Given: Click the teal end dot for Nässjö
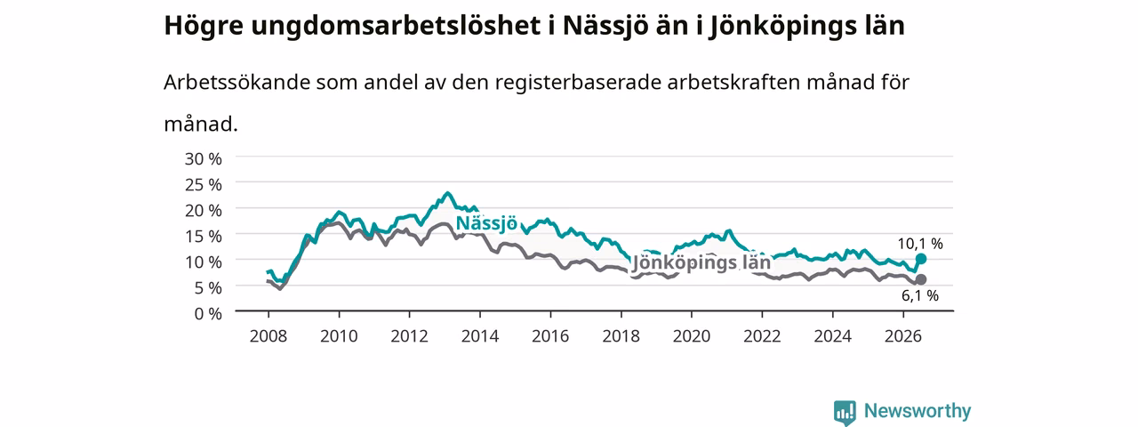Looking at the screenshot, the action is (x=920, y=259).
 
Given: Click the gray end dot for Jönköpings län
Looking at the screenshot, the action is (x=920, y=279).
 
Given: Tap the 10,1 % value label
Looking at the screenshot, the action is (x=920, y=244).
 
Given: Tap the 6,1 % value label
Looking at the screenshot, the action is (x=920, y=295).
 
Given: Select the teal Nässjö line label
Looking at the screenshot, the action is (x=486, y=223).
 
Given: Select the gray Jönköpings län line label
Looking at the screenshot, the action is (x=701, y=262).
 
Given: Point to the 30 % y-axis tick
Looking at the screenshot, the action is (x=204, y=159).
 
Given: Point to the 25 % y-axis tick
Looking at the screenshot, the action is (x=204, y=185).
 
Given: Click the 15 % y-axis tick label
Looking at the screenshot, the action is (x=204, y=237).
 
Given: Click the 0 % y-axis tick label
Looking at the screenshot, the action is (x=208, y=314).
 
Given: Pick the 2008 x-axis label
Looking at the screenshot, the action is (x=268, y=336).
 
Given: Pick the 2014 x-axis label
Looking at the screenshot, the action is (x=479, y=336).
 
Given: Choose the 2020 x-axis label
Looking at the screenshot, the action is (x=692, y=336).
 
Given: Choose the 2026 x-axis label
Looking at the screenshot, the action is (x=902, y=336).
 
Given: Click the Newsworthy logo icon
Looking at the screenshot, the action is (x=845, y=412).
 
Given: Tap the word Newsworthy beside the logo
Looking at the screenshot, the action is (x=918, y=411).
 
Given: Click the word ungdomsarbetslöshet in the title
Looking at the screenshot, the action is (x=396, y=27).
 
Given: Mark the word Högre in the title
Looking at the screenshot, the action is (x=204, y=27).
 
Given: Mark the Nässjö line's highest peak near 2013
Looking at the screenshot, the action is (x=447, y=193).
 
